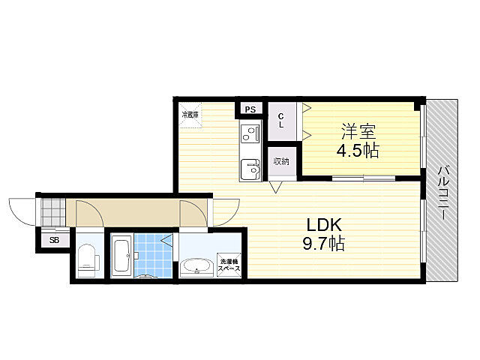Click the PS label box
tap(250, 109)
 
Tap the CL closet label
tap(280, 121)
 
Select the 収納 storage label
tap(281, 161)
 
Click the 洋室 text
tap(358, 132)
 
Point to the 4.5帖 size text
tap(358, 151)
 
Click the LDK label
tap(324, 225)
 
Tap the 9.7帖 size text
tap(323, 244)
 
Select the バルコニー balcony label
tap(443, 193)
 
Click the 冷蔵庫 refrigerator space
tap(190, 115)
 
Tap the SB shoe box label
tap(54, 240)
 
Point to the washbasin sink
tap(196, 268)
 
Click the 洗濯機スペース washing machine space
tap(229, 265)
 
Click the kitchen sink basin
tap(250, 169)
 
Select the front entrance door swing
tap(22, 212)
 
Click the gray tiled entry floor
tap(53, 212)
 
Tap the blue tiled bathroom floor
tap(153, 256)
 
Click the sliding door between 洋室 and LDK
tap(364, 178)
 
